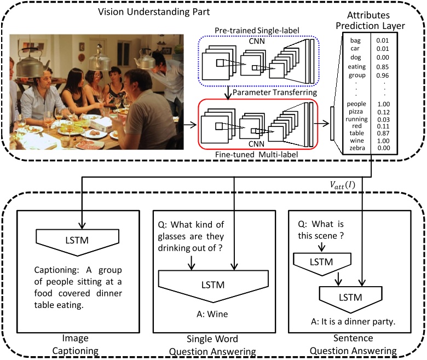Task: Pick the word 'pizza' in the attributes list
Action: click(356, 111)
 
